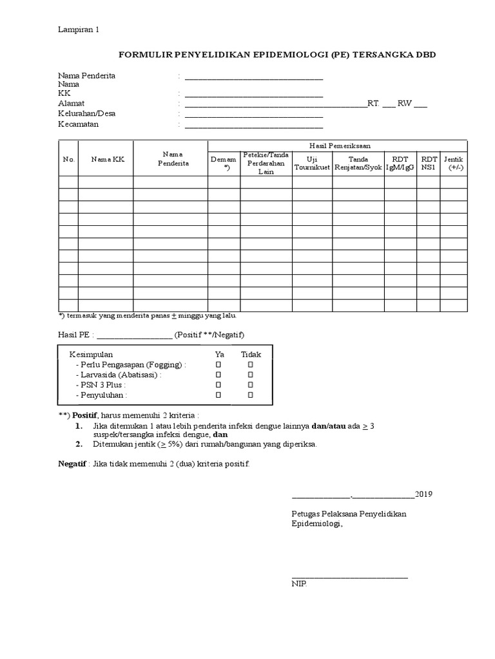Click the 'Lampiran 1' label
coord(78,30)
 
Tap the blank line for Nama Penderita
coord(253,78)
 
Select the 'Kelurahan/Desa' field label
coord(86,114)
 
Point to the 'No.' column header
coord(69,160)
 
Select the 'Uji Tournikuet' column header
coord(312,163)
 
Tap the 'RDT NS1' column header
coord(429,163)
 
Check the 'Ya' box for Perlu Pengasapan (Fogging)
coord(218,364)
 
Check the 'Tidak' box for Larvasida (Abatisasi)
coord(250,375)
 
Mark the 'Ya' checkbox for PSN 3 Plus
coord(218,385)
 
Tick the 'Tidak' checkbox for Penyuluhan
coord(250,394)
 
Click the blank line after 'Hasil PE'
coord(134,335)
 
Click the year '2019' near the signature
coord(423,494)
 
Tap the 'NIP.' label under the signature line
coord(300,584)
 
